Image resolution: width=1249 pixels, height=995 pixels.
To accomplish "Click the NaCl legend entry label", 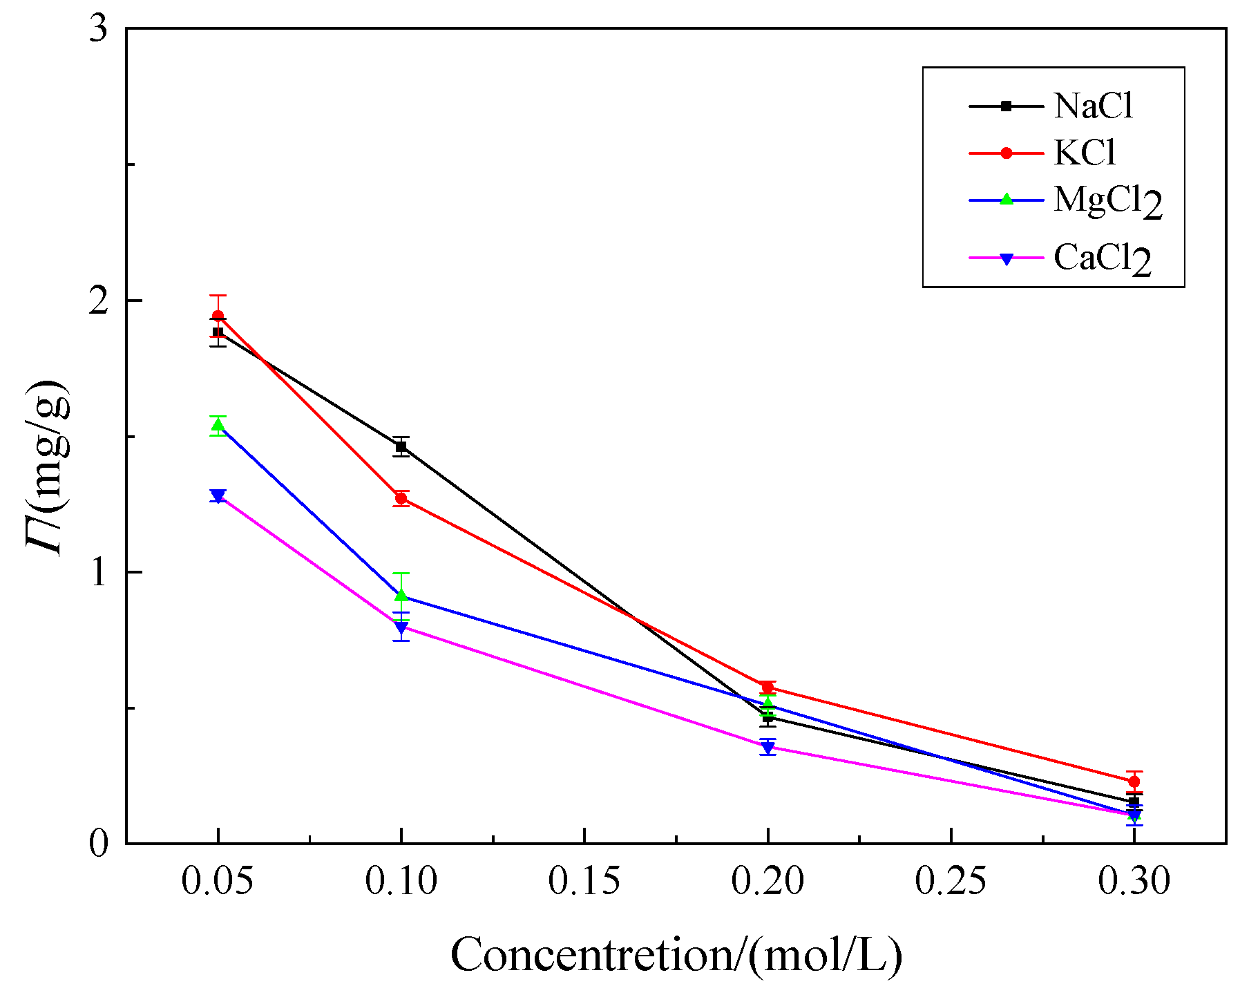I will [x=1093, y=106].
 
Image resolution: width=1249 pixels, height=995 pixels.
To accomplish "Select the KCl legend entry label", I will [x=1085, y=153].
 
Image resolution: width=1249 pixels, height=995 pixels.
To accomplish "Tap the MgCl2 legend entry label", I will [x=1107, y=201].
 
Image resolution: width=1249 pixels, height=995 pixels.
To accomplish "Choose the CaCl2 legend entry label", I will [x=1102, y=259].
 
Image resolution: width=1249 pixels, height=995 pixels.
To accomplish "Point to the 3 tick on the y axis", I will [x=99, y=30].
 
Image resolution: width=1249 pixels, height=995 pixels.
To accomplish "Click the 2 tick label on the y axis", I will [x=99, y=301].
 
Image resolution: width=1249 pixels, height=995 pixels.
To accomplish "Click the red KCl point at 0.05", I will [x=218, y=316].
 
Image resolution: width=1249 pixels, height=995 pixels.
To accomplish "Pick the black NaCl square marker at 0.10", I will [x=401, y=447].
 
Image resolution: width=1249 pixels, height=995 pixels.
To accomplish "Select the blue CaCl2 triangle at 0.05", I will [x=218, y=495].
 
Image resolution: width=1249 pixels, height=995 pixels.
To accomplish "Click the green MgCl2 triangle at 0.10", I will [x=401, y=595].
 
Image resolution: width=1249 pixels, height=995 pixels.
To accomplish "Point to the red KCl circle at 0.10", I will [x=401, y=498].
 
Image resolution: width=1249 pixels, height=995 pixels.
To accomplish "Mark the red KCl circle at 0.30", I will [x=1134, y=781].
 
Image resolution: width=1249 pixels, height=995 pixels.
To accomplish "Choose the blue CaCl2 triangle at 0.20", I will [x=767, y=747].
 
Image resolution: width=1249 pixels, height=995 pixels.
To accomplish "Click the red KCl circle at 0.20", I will [x=767, y=688].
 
